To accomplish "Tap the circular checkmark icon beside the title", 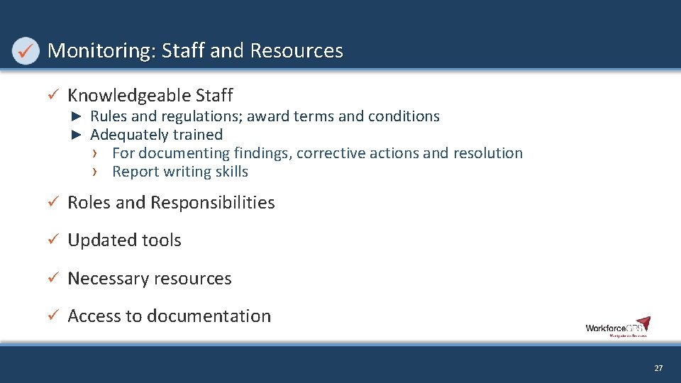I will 26,51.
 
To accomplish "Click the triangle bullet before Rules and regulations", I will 78,116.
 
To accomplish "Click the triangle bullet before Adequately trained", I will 78,135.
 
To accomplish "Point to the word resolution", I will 489,153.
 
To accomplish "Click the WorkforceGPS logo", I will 617,327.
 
